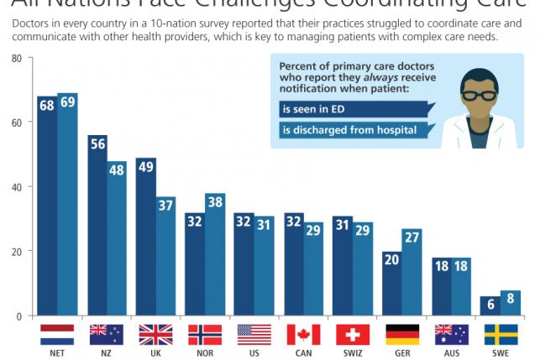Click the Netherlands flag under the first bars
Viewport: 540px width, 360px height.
pos(57,335)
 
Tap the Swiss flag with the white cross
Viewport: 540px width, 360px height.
pos(353,335)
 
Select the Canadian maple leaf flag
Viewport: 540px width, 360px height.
pos(303,335)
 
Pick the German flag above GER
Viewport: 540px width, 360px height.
pos(402,335)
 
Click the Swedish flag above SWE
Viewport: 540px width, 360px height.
pos(501,335)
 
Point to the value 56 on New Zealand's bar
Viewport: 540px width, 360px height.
pos(97,143)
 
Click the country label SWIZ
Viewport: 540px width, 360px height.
pos(353,353)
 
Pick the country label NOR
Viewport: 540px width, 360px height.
pos(205,353)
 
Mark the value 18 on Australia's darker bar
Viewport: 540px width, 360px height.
pos(443,265)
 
